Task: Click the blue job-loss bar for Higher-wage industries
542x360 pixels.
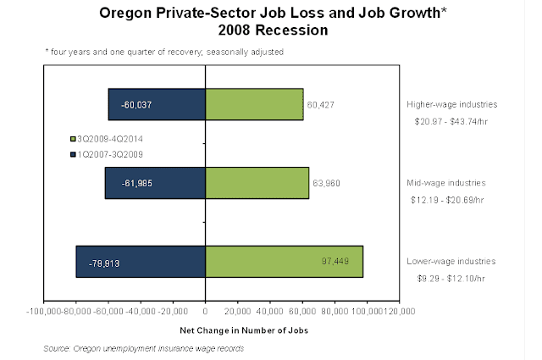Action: click(157, 104)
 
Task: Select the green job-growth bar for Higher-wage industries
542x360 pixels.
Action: click(254, 104)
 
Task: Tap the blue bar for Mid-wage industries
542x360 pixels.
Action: click(155, 183)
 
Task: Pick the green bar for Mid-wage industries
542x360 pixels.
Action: click(257, 183)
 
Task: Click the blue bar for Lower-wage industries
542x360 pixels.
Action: click(141, 261)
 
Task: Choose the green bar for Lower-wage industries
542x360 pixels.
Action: click(284, 261)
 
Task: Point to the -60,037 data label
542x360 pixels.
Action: click(135, 105)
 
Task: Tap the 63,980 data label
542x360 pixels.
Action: click(326, 183)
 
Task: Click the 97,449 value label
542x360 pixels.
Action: click(334, 261)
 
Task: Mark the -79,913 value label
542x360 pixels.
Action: click(104, 262)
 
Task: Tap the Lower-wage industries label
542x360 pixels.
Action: click(449, 262)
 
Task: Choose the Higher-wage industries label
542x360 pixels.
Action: click(449, 105)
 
